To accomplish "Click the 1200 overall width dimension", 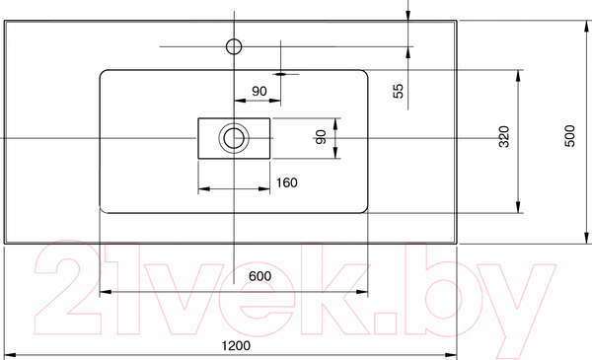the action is point(236,345).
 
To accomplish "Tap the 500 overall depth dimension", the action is point(569,136).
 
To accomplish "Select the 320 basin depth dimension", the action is point(504,137).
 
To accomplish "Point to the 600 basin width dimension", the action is point(259,276).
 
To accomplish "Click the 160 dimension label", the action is point(286,183).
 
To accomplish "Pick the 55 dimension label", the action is point(399,91).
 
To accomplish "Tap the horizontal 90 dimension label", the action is point(259,92).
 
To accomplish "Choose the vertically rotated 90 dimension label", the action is point(321,137).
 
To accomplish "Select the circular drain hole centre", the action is point(234,138).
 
